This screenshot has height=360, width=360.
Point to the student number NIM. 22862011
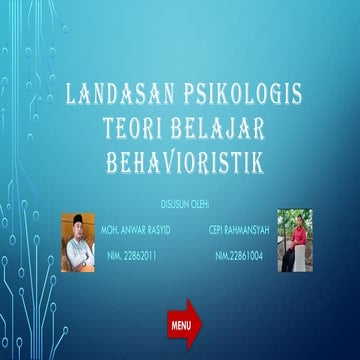pyautogui.click(x=134, y=256)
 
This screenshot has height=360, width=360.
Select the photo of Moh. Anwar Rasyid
pyautogui.click(x=77, y=242)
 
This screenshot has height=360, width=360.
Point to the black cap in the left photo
pyautogui.click(x=77, y=218)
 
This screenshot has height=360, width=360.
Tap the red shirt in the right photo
pyautogui.click(x=297, y=238)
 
